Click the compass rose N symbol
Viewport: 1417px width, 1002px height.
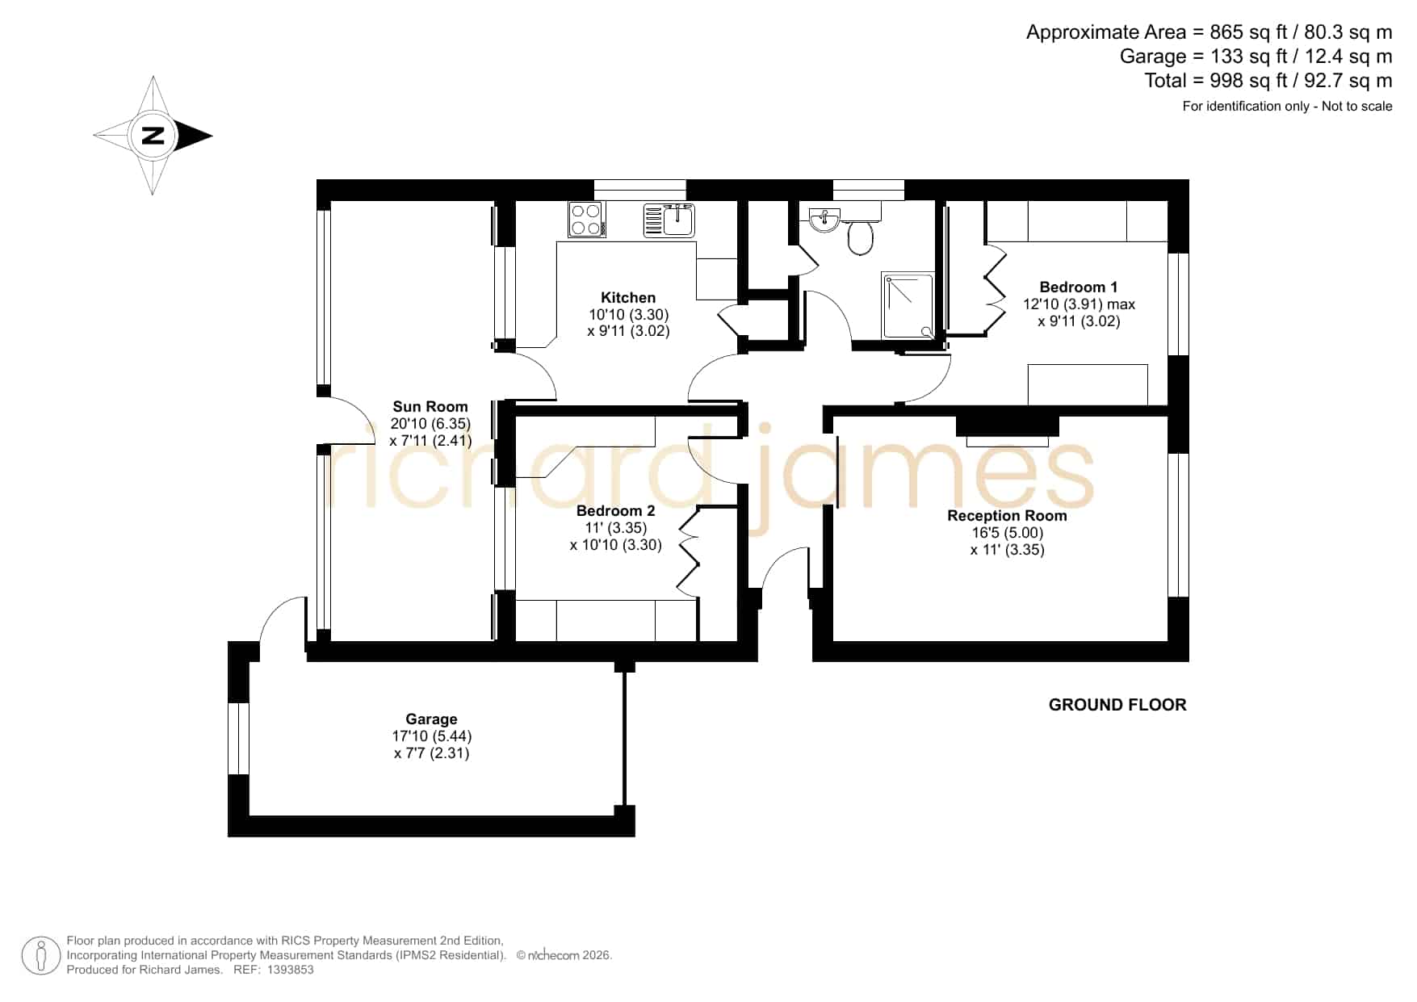(153, 136)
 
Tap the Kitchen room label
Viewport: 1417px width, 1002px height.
(628, 297)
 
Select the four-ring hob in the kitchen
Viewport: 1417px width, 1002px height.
(587, 219)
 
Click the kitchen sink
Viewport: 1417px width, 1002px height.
(669, 220)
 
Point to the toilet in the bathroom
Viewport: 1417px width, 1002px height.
(861, 236)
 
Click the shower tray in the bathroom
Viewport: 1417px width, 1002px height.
(908, 305)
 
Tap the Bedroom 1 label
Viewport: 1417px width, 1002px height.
(1078, 287)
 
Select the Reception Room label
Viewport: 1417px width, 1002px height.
(1007, 515)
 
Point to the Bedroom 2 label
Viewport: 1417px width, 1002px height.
(615, 510)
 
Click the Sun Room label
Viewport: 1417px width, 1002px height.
(430, 406)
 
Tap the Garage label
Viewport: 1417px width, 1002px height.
(431, 719)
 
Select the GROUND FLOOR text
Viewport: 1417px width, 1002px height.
(1117, 705)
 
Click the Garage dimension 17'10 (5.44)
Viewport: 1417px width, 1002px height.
(431, 736)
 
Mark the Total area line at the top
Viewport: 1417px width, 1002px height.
(1268, 81)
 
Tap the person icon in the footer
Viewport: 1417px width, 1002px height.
(40, 955)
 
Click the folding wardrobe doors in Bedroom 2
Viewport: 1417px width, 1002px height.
(688, 553)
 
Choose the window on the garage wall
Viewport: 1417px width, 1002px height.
(239, 739)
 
